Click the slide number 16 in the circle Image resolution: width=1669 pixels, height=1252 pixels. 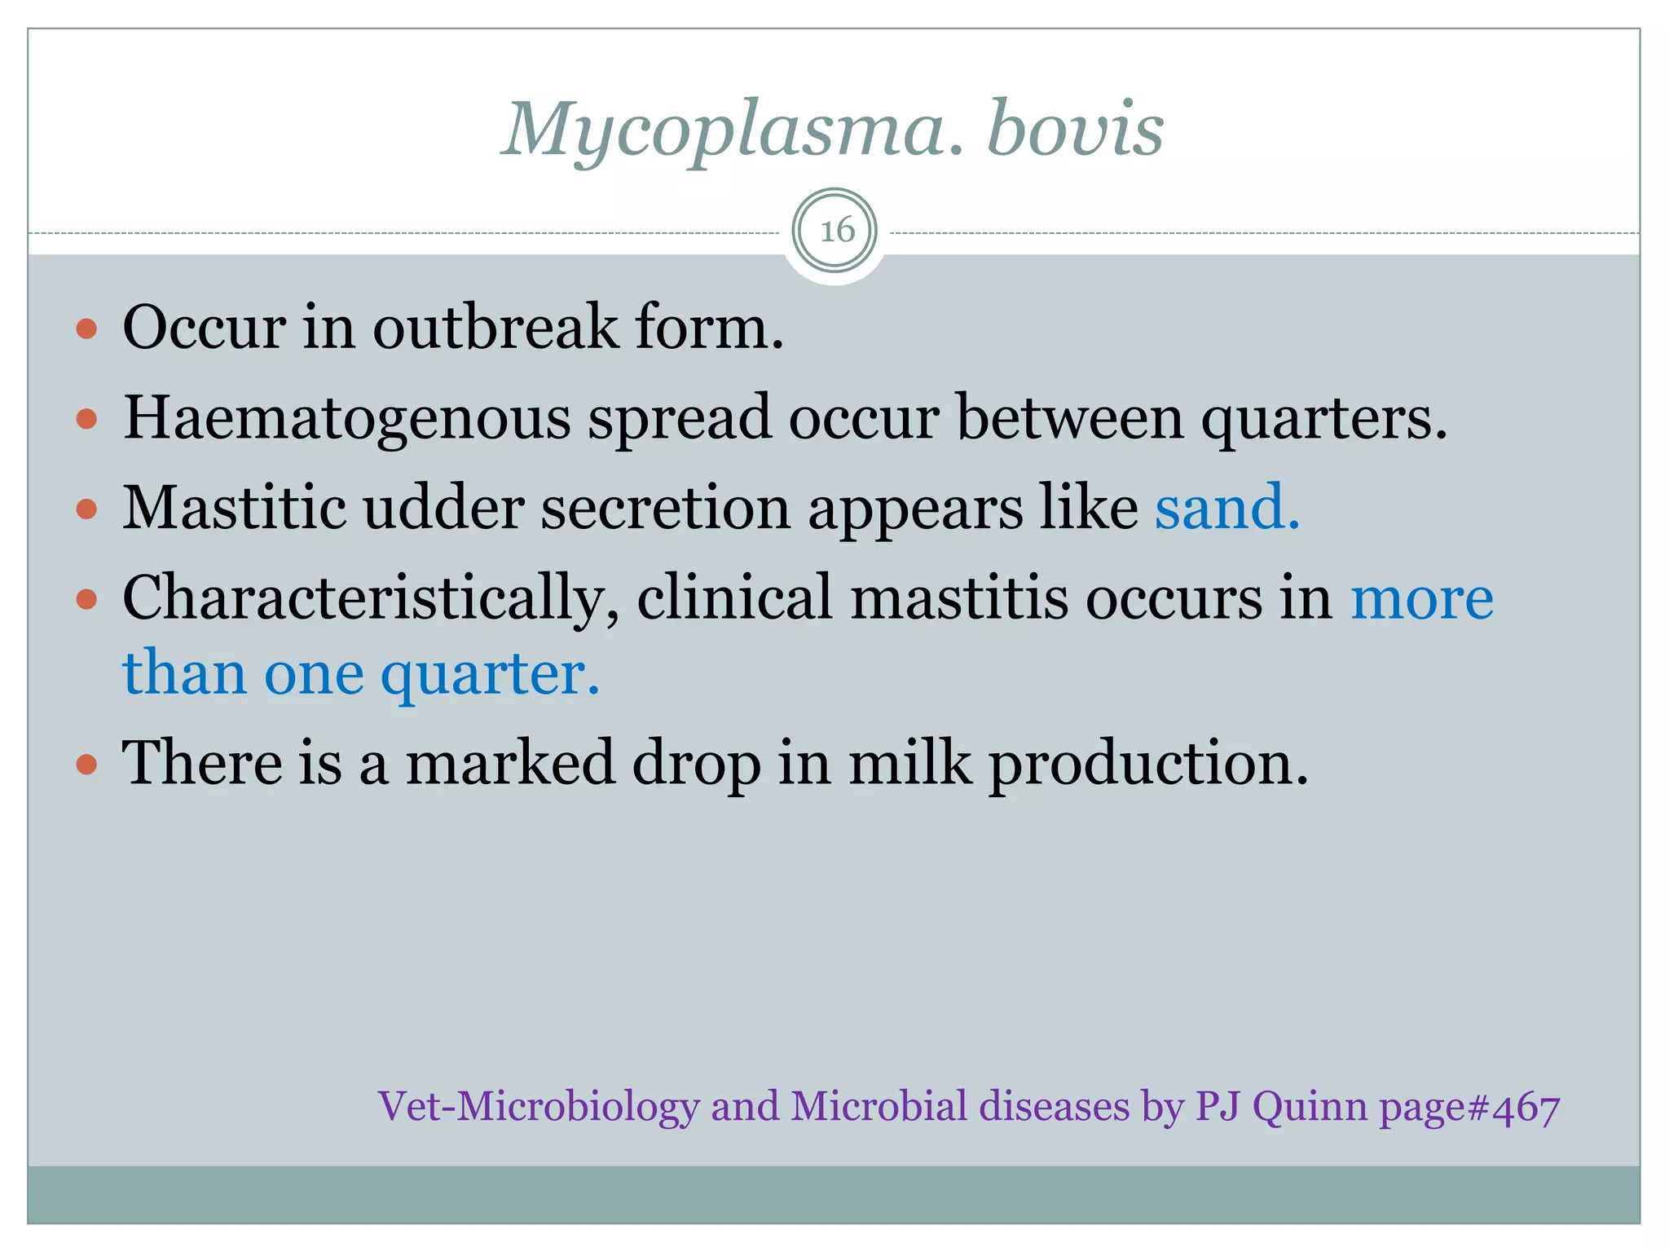pos(836,231)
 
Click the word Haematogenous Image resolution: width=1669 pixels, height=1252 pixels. pos(347,419)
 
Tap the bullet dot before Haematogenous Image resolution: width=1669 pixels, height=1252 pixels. pos(86,420)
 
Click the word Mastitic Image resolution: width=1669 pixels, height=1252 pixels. pos(235,508)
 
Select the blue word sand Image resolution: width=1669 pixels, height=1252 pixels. pos(1226,508)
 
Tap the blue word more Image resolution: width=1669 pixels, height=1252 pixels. pos(1422,599)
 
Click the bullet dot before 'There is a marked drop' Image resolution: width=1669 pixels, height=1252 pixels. pos(86,765)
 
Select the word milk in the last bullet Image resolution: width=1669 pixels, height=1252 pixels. pos(910,763)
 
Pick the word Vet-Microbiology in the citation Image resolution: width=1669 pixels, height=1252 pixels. pos(539,1107)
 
